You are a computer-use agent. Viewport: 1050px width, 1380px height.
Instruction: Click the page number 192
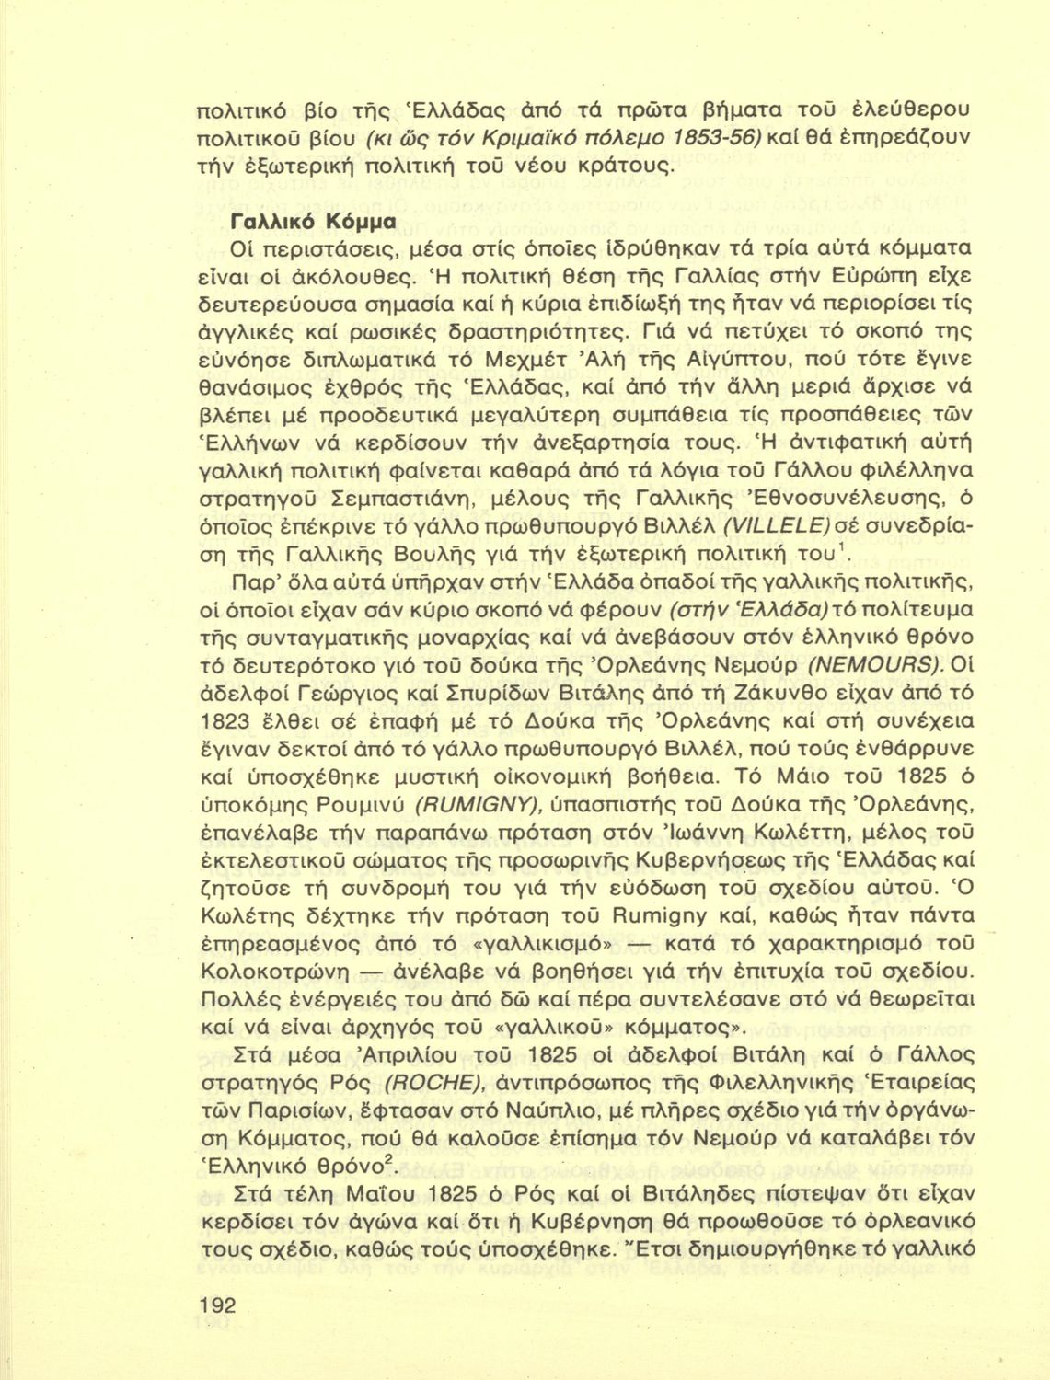217,1305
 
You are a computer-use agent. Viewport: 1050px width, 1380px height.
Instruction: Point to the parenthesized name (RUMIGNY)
478,804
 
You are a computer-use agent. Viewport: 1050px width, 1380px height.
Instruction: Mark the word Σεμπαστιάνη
393,499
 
